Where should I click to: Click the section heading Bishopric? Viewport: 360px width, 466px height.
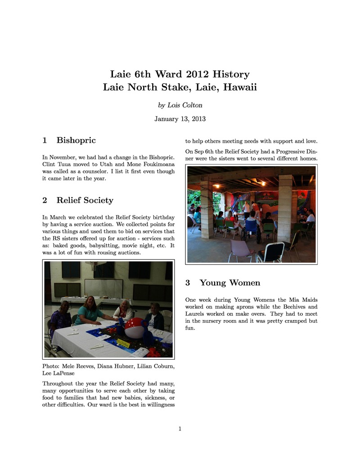[x=76, y=140]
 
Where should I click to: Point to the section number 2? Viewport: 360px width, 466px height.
[x=45, y=200]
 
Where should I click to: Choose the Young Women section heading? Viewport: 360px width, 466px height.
[x=230, y=283]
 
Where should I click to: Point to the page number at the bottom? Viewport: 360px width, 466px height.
[x=180, y=429]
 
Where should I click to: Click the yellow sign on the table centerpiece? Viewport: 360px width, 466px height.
[x=123, y=343]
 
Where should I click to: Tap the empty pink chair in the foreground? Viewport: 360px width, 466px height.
[x=240, y=250]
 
